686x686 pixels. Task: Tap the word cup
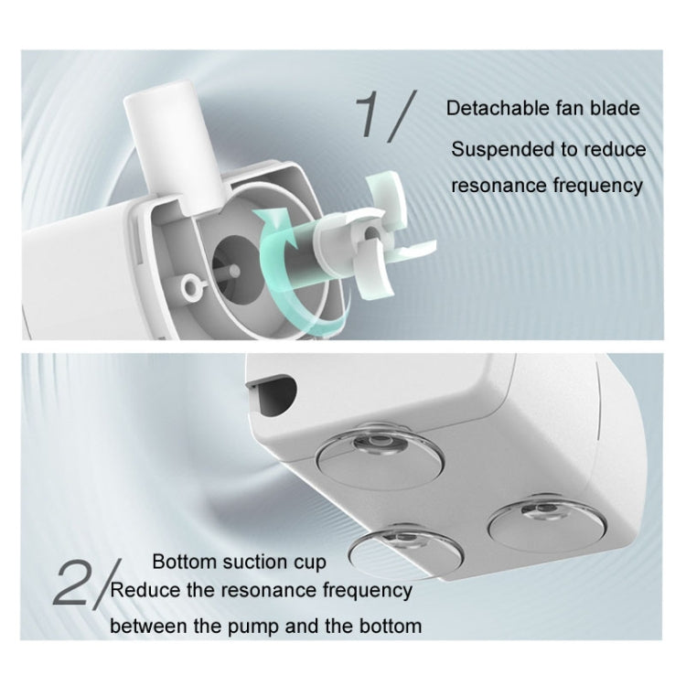point(310,563)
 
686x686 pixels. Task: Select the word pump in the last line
point(252,627)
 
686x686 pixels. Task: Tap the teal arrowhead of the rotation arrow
point(269,220)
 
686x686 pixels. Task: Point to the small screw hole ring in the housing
point(191,286)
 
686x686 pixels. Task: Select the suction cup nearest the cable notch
point(379,457)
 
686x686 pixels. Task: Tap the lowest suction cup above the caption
point(407,552)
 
